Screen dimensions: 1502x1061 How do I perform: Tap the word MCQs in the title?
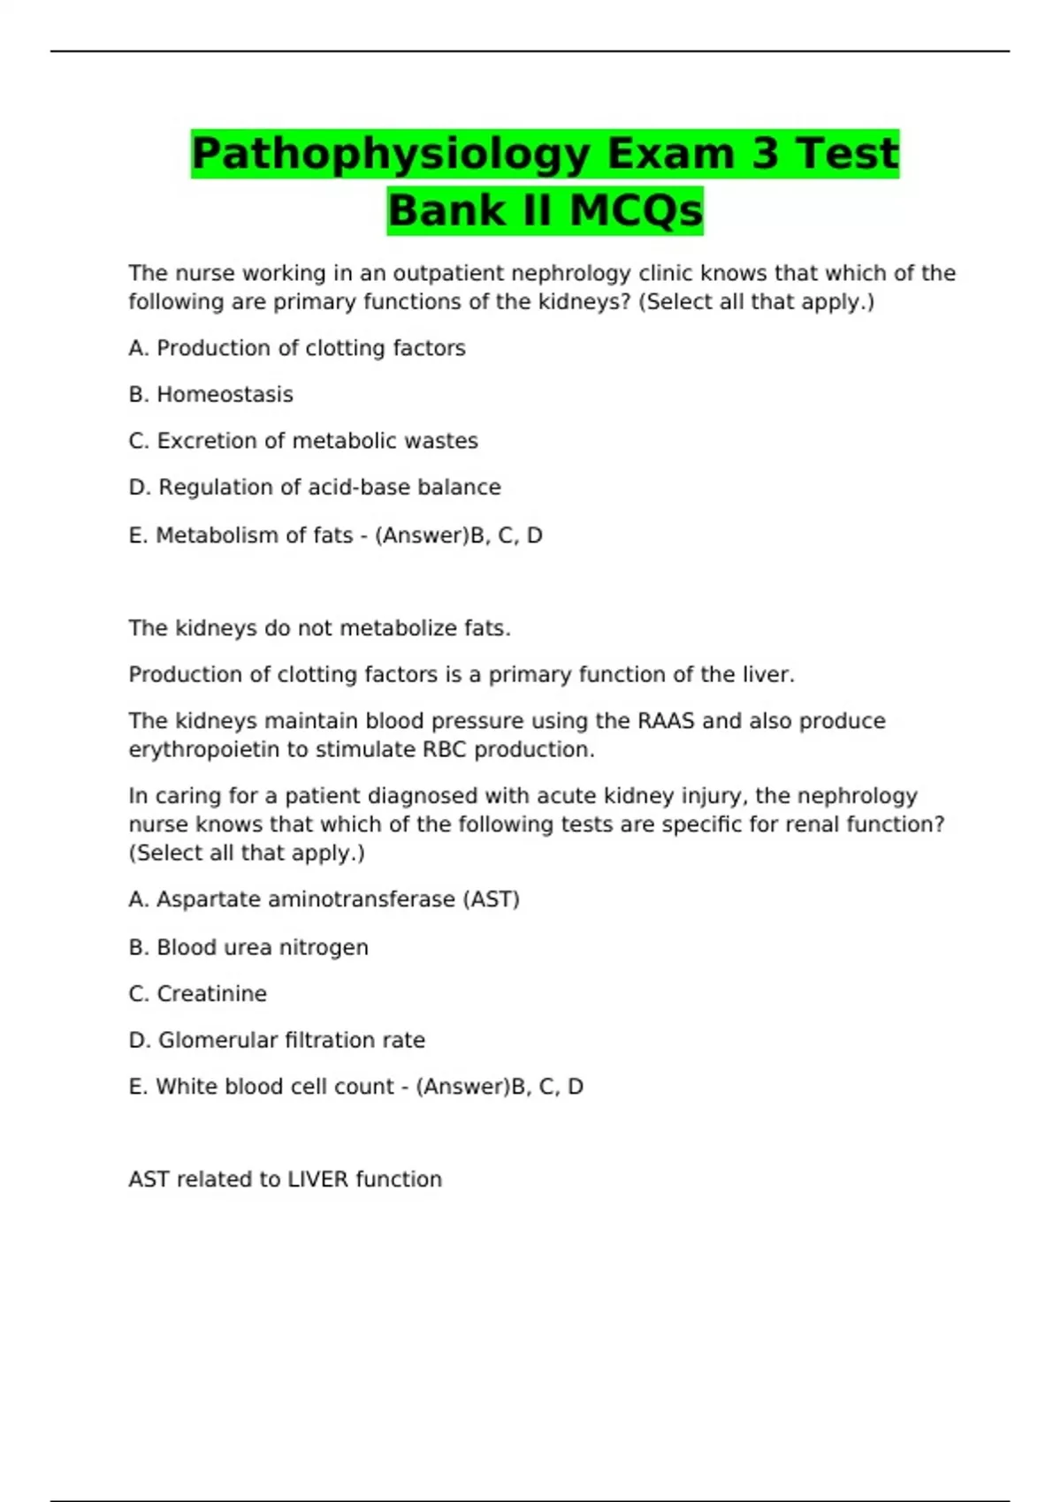tap(636, 211)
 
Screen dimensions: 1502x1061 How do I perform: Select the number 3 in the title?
tap(765, 154)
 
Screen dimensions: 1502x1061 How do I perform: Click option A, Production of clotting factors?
tap(297, 348)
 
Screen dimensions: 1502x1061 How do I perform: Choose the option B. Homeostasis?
tap(210, 395)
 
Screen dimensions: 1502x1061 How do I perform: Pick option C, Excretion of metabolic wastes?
tap(303, 441)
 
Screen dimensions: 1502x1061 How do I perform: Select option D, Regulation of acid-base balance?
tap(315, 488)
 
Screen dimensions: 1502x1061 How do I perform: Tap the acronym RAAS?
tap(666, 721)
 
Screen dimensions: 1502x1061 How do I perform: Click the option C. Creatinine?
tap(198, 994)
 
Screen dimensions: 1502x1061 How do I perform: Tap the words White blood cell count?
tap(274, 1087)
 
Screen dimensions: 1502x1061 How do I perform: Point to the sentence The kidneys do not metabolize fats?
tap(319, 628)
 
